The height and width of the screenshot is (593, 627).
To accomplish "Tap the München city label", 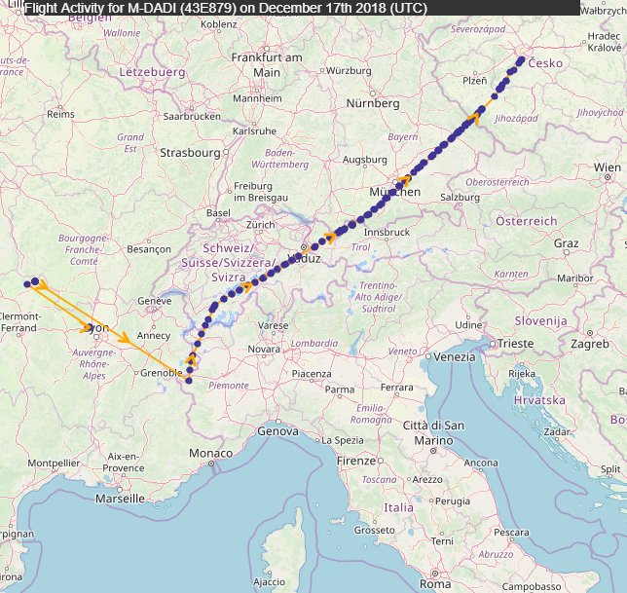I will point(394,193).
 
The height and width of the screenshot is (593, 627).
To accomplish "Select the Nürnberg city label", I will point(374,103).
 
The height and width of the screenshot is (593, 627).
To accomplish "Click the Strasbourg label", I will point(191,153).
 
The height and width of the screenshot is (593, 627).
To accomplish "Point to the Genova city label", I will point(278,431).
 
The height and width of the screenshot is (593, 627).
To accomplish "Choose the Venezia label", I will point(456,358).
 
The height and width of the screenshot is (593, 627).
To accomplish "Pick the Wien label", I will point(607,168).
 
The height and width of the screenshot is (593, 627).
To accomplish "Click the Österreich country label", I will point(527,222).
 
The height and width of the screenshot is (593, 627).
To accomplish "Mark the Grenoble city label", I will point(161,373).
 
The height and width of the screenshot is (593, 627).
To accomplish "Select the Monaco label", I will point(210,454).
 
